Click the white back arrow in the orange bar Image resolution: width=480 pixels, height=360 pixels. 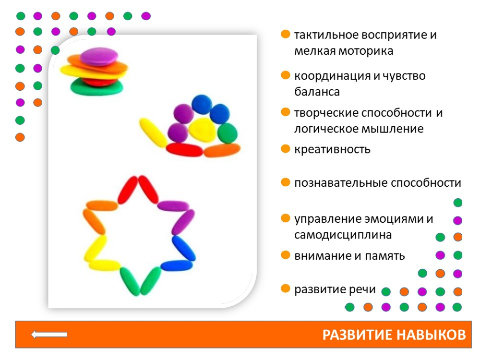(x=49, y=335)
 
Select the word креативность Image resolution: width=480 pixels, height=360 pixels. (x=332, y=149)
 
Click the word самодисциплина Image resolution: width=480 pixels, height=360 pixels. (x=343, y=235)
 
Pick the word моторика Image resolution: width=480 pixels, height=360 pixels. (x=367, y=51)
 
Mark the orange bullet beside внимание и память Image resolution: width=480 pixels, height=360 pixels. (x=286, y=254)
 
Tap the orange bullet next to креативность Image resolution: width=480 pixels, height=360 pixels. (x=286, y=148)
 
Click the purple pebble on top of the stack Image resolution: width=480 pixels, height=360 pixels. (x=99, y=56)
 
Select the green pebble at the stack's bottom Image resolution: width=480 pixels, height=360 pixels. (x=96, y=88)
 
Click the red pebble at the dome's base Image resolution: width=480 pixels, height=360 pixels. (x=184, y=150)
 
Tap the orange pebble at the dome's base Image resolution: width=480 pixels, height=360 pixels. (x=221, y=150)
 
